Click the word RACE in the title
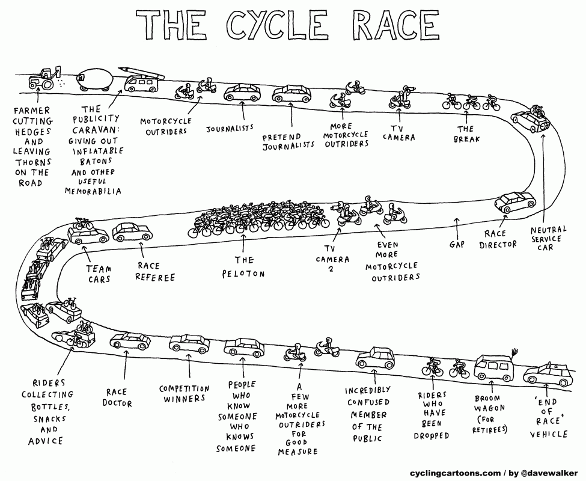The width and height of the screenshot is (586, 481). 396,25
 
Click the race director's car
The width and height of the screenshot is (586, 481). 515,202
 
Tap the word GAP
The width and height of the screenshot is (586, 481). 457,245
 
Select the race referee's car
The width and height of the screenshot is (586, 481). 132,232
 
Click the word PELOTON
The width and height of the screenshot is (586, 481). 243,274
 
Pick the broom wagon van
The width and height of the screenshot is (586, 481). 494,368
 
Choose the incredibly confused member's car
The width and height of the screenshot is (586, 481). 375,358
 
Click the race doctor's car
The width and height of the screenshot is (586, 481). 130,341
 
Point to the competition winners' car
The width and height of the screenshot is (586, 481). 189,343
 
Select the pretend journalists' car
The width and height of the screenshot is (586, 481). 291,94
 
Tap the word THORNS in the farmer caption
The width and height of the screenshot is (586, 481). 33,162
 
